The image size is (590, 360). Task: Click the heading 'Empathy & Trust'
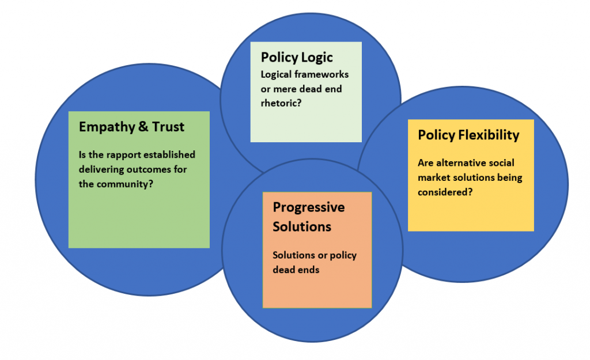coord(131,127)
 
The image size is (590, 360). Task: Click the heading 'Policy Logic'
coord(297,58)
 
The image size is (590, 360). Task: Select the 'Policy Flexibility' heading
coord(468,135)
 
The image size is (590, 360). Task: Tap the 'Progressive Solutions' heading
coord(309,217)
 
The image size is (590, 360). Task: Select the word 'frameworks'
coord(326,75)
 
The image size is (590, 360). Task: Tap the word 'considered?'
coord(446,192)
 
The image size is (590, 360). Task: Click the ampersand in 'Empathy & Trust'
coord(143,127)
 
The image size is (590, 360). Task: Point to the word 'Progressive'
coord(309,207)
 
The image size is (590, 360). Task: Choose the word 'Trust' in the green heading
coord(168,127)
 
